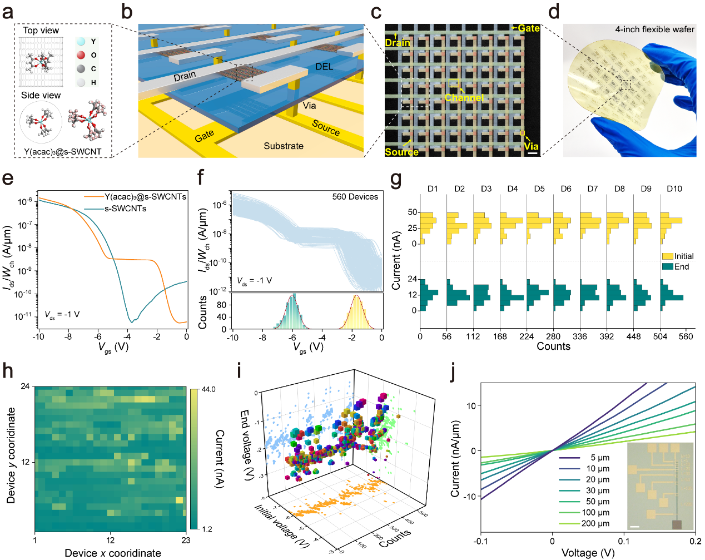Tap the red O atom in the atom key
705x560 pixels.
pyautogui.click(x=81, y=54)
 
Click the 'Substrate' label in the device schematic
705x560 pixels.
pyautogui.click(x=284, y=146)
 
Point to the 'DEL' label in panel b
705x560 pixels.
pyautogui.click(x=324, y=67)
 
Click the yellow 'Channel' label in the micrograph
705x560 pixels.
pyautogui.click(x=464, y=98)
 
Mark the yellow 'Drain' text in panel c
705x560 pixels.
pyautogui.click(x=398, y=43)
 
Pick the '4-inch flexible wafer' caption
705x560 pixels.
pyautogui.click(x=654, y=29)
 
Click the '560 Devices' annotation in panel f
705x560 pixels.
pyautogui.click(x=355, y=197)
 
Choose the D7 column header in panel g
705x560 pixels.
pyautogui.click(x=592, y=189)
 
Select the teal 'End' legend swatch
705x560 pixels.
pyautogui.click(x=667, y=267)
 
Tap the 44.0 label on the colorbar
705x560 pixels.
pyautogui.click(x=208, y=389)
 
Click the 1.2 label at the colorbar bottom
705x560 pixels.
pyautogui.click(x=207, y=529)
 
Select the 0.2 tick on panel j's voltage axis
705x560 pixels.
pyautogui.click(x=694, y=541)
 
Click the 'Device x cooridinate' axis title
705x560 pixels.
pyautogui.click(x=113, y=553)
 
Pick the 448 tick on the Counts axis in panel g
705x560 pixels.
pyautogui.click(x=633, y=336)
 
